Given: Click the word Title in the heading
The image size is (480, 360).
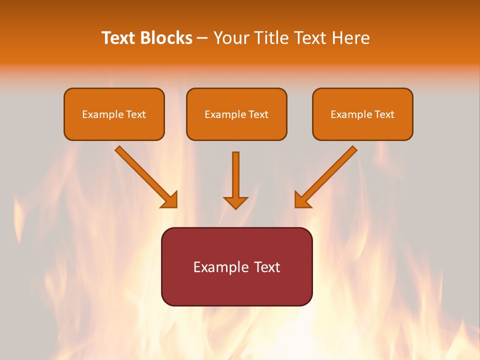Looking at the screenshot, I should [273, 38].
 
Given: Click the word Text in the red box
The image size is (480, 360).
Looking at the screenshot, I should [267, 267].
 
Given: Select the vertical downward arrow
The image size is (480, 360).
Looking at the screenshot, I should [235, 175].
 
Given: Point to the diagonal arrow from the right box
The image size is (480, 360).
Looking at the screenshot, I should [330, 173].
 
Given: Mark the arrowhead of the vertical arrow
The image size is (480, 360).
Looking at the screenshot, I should [235, 202].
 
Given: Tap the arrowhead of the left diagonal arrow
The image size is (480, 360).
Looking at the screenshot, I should [170, 200].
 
